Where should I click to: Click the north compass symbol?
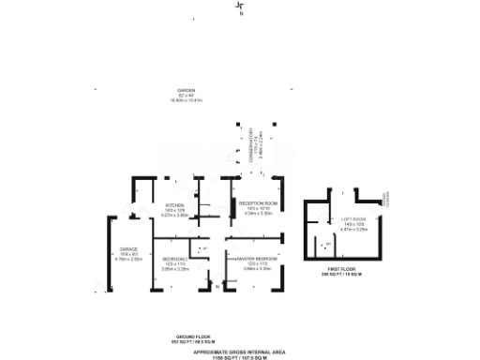click(239, 9)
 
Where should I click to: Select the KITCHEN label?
click(175, 205)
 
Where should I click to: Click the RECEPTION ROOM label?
click(258, 203)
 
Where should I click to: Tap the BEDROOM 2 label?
click(175, 259)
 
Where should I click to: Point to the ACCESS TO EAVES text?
click(384, 198)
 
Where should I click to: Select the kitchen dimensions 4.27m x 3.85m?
click(175, 215)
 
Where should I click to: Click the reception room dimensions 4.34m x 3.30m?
click(258, 213)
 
